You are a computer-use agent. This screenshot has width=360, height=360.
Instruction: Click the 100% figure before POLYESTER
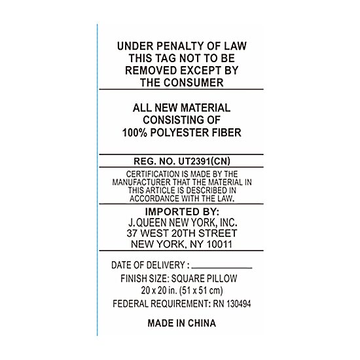[x=135, y=133]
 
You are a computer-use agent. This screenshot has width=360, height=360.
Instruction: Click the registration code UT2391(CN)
[x=204, y=161]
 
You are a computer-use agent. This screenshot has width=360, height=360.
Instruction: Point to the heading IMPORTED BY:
[x=182, y=211]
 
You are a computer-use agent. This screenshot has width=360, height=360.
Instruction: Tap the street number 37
[x=132, y=233]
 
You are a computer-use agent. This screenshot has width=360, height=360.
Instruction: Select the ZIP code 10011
[x=219, y=244]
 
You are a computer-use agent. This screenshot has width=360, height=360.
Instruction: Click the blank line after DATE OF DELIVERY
[x=222, y=268]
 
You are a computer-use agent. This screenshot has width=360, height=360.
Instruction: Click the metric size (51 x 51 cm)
[x=201, y=291]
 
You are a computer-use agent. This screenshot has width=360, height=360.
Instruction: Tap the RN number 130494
[x=238, y=304]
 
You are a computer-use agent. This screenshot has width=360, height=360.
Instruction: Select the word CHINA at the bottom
[x=202, y=323]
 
